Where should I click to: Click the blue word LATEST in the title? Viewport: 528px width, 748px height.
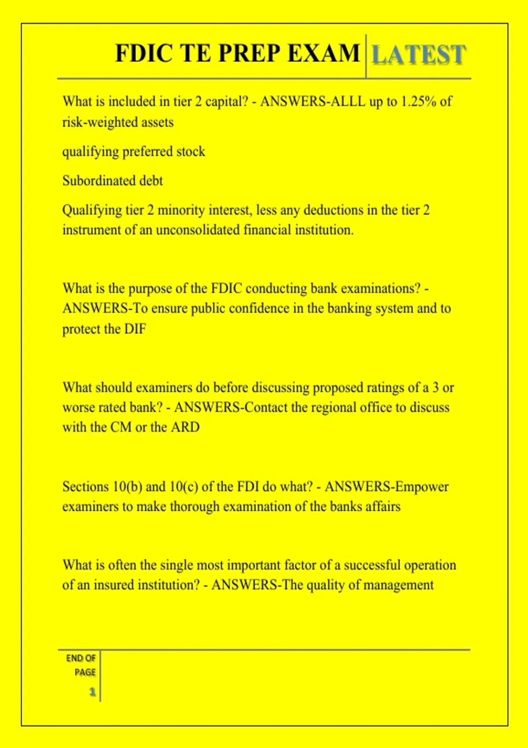pyautogui.click(x=418, y=55)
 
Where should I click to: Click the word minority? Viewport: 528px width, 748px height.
pyautogui.click(x=181, y=210)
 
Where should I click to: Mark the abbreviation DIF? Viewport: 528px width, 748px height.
pyautogui.click(x=135, y=329)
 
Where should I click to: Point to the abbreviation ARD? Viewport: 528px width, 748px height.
pyautogui.click(x=185, y=427)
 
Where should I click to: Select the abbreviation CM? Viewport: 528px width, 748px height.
pyautogui.click(x=121, y=427)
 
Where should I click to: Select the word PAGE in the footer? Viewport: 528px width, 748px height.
pyautogui.click(x=85, y=672)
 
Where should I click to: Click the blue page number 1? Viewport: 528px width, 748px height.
pyautogui.click(x=92, y=692)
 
